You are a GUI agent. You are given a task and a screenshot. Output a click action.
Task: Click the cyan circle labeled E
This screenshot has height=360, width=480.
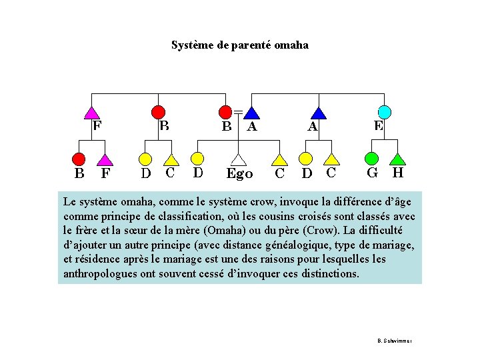click(x=385, y=111)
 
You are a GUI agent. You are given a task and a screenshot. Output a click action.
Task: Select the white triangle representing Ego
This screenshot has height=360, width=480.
click(x=239, y=159)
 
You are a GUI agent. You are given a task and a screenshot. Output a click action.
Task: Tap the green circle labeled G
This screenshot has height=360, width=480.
click(x=372, y=159)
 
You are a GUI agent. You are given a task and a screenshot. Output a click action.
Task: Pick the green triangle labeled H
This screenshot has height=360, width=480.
click(x=398, y=159)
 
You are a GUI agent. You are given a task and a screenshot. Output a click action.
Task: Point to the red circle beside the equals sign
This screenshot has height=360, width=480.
click(x=226, y=112)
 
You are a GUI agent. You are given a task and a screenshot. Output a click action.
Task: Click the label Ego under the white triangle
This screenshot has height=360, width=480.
click(x=239, y=174)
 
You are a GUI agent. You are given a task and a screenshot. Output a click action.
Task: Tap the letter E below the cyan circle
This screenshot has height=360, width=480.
click(x=379, y=125)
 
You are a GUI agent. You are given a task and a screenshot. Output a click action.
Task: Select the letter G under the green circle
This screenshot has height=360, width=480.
click(x=373, y=173)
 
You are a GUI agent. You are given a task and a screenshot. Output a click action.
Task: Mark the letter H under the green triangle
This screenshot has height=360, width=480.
click(x=398, y=173)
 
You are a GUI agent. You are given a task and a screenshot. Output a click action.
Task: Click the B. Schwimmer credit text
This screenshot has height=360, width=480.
click(x=395, y=341)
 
